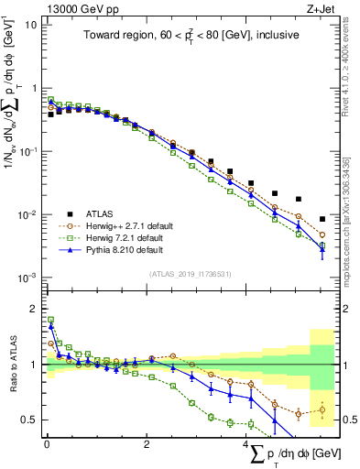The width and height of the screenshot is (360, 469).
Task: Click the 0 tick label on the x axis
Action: tap(47, 445)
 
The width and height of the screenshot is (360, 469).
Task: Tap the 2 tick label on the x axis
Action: tap(147, 445)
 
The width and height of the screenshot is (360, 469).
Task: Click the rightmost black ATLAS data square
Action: tap(322, 219)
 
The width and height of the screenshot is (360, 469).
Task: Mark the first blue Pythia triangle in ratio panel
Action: tap(51, 325)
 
